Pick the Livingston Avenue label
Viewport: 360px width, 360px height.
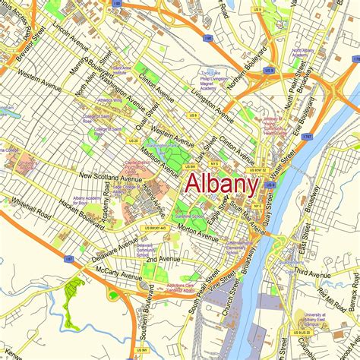pyautogui.click(x=212, y=107)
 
